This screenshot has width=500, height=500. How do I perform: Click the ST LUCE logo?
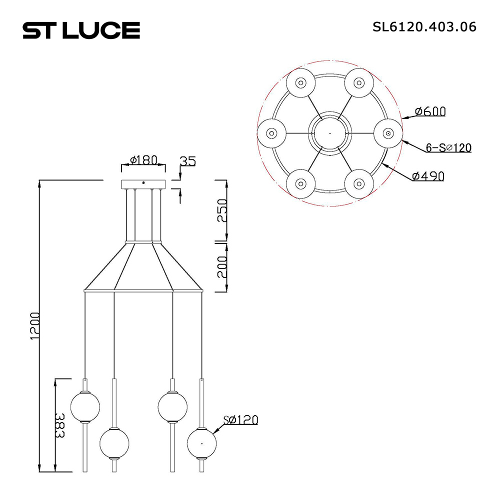81,30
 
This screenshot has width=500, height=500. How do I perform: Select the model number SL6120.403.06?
424,27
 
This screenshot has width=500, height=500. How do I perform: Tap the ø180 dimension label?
144,160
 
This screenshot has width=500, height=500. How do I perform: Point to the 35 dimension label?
187,161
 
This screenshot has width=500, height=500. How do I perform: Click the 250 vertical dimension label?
222,210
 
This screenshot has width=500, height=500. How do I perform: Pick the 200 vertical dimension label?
222,266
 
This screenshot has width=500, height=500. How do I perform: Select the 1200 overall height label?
35,326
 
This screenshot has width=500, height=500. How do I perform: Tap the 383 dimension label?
59,425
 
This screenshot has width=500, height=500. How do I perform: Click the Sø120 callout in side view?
240,420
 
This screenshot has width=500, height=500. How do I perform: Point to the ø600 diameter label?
430,111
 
